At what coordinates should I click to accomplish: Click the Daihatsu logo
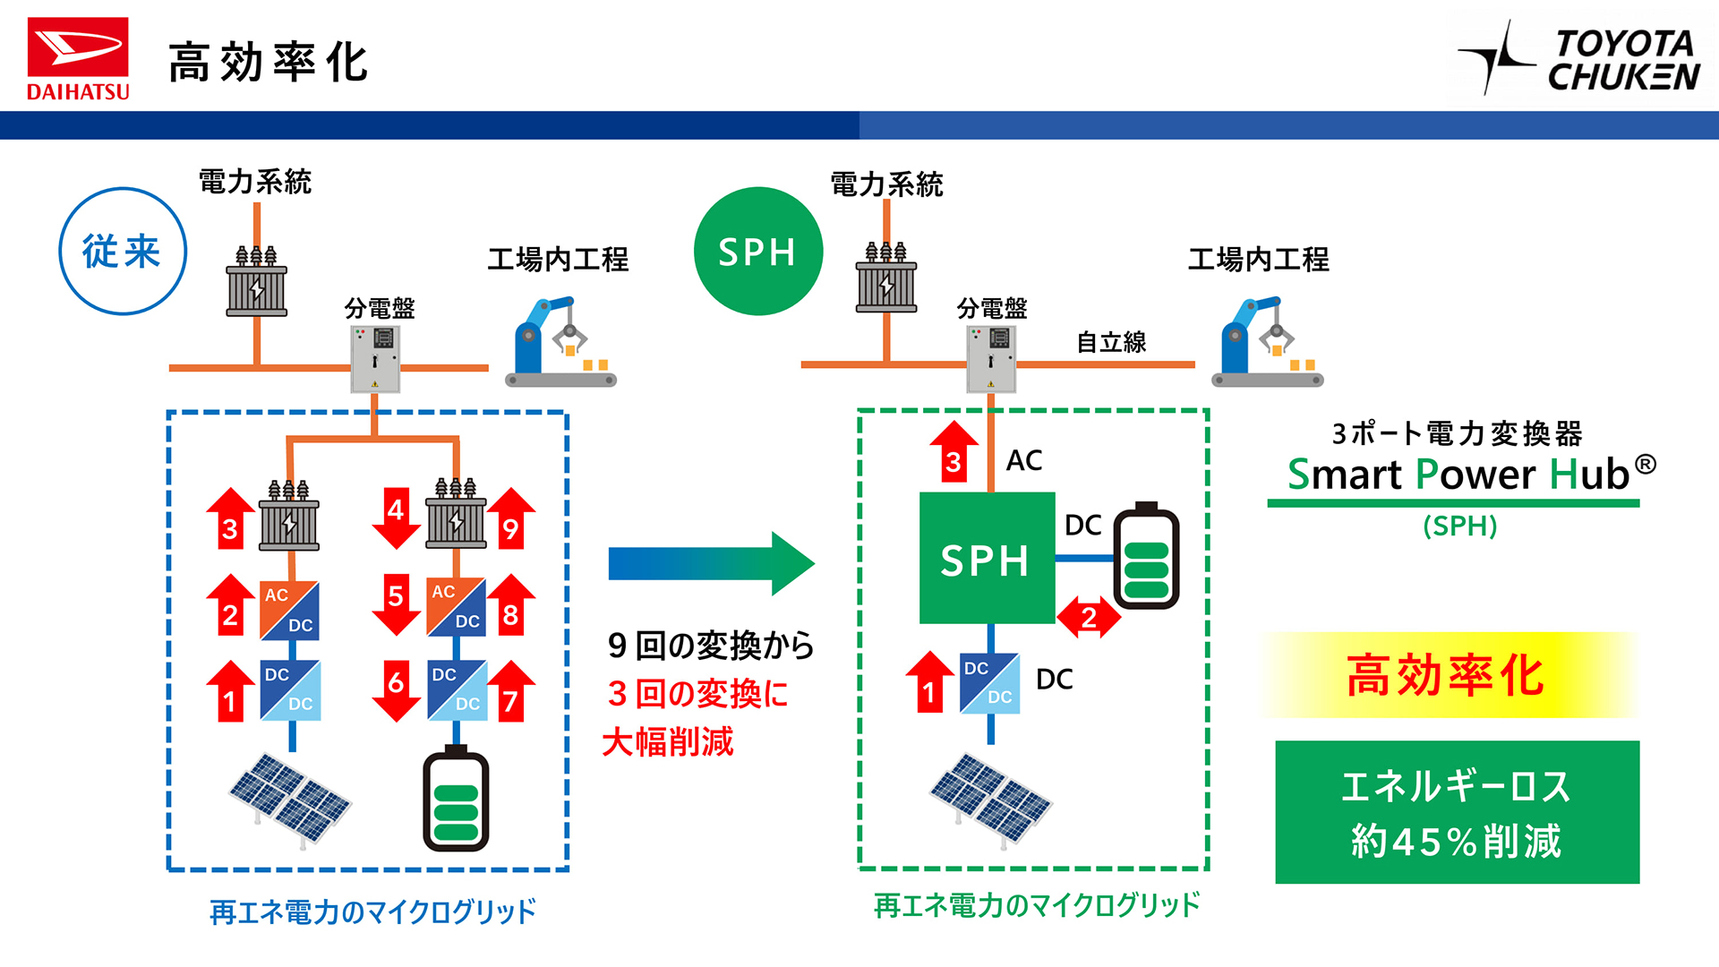78,58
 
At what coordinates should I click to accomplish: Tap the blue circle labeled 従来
123,252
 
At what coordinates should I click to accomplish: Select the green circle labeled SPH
757,252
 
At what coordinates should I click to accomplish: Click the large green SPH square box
987,559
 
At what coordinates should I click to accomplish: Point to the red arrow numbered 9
511,519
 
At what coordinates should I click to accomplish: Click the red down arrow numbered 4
396,518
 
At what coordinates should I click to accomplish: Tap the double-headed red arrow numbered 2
1089,616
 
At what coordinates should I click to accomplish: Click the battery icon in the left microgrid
456,799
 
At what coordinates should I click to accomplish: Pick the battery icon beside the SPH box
1146,557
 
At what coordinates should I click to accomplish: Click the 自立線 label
1111,342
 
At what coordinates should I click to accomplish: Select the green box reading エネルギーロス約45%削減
1457,812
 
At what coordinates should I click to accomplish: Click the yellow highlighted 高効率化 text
1446,675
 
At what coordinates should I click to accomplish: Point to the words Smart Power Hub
1458,475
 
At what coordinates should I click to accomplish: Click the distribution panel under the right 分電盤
991,359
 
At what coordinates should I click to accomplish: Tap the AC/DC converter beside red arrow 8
457,607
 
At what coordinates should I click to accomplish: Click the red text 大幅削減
668,742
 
